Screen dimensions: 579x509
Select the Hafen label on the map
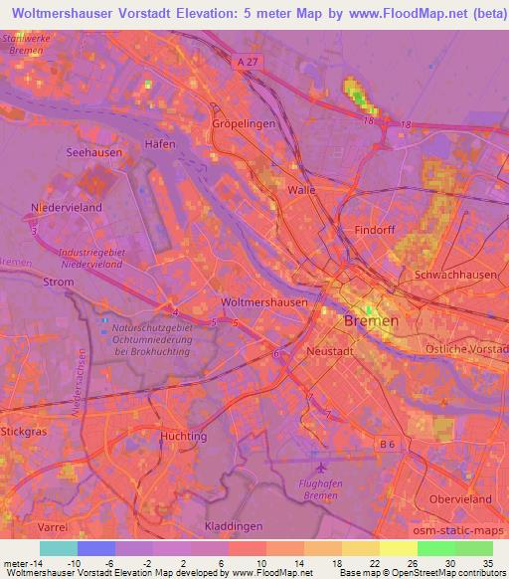[x=160, y=144]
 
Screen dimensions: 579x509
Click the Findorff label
[x=375, y=230]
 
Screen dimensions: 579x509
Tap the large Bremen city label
[x=370, y=321]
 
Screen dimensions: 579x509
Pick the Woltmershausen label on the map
[x=263, y=301]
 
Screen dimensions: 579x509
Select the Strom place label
[x=60, y=282]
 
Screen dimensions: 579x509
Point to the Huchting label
[x=183, y=436]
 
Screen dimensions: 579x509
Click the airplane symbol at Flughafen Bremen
[x=319, y=467]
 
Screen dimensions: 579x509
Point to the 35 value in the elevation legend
[x=485, y=562]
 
